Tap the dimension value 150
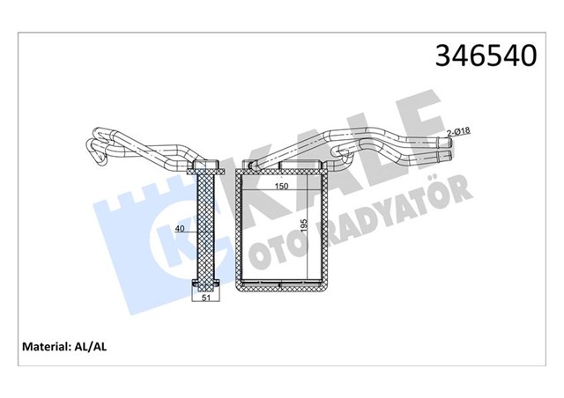pyautogui.click(x=282, y=188)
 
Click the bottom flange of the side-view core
pyautogui.click(x=204, y=284)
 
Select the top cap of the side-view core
pyautogui.click(x=204, y=166)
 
